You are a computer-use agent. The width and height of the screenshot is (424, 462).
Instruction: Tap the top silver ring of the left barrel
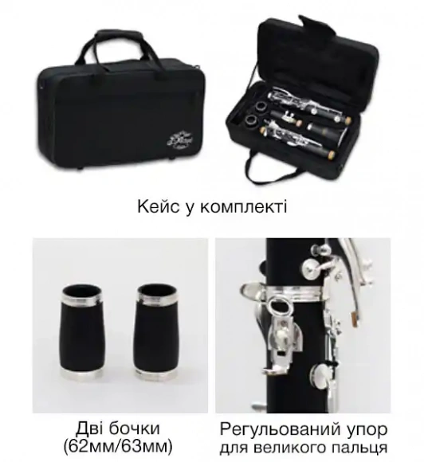[80, 297]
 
